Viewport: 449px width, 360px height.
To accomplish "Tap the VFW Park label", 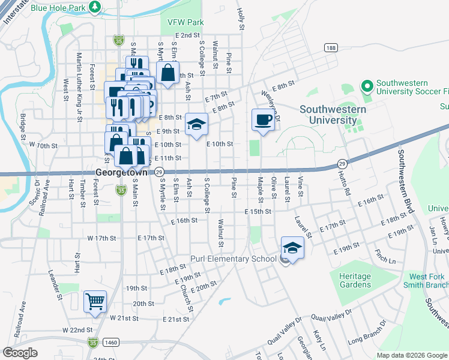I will (x=186, y=22).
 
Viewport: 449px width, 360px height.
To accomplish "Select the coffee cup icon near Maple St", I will (x=263, y=119).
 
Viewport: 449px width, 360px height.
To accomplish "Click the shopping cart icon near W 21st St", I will (x=95, y=301).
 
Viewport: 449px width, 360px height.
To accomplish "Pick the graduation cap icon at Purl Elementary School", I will (x=292, y=248).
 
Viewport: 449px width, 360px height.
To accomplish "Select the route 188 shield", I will (x=330, y=47).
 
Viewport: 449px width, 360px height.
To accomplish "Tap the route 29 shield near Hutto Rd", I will (x=342, y=163).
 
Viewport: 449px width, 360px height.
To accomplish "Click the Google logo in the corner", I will (x=20, y=353).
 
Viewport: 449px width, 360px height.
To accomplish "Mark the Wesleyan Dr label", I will (x=271, y=103).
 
